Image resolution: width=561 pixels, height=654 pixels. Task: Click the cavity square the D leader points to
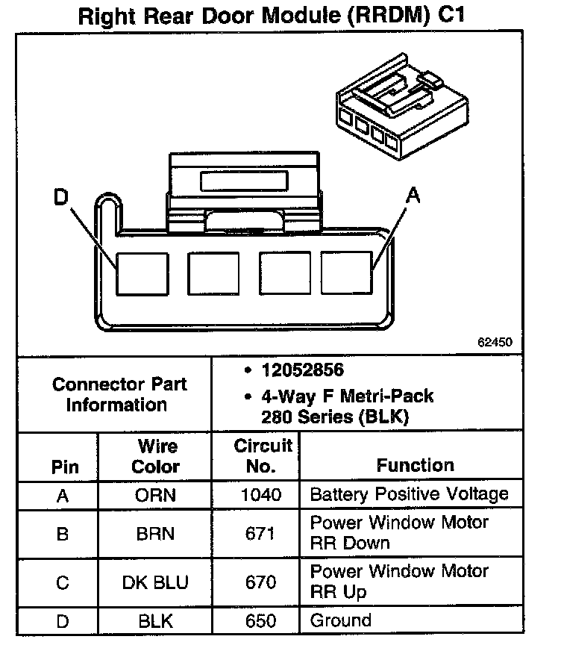(141, 273)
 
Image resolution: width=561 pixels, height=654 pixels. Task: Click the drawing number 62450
(495, 343)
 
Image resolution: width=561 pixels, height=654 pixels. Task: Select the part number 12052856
(302, 371)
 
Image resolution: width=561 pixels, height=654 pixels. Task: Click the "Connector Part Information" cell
(119, 395)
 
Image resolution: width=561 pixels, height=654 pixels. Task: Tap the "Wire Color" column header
(156, 457)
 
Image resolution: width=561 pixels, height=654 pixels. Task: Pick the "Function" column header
(415, 466)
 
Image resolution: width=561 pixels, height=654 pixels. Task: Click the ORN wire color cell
(156, 494)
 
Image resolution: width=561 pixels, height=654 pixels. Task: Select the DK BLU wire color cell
(156, 582)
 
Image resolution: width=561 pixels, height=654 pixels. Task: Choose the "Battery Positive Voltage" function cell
(408, 494)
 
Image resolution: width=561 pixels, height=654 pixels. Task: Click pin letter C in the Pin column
(63, 582)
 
